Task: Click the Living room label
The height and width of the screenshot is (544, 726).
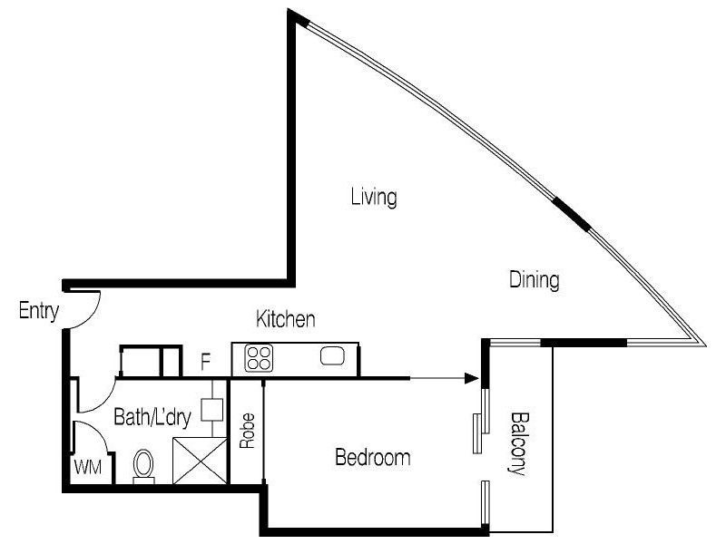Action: click(x=375, y=197)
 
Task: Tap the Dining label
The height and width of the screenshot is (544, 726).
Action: click(x=534, y=279)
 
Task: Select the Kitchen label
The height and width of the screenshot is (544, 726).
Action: click(x=286, y=319)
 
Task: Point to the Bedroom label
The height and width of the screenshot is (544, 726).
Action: click(x=372, y=457)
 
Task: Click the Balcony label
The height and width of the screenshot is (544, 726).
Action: click(x=518, y=444)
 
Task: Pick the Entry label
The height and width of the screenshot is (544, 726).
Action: click(x=39, y=312)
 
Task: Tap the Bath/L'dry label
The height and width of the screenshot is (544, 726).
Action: click(x=152, y=418)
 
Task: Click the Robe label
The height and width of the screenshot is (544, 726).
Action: click(x=246, y=432)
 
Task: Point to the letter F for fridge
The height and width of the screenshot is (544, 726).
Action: click(x=206, y=364)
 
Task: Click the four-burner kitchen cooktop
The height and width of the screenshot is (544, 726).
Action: click(x=259, y=358)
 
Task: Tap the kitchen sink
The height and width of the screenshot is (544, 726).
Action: click(x=331, y=356)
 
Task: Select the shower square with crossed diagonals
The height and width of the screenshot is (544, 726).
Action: click(x=199, y=460)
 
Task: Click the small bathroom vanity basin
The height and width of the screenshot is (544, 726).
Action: click(x=211, y=408)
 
